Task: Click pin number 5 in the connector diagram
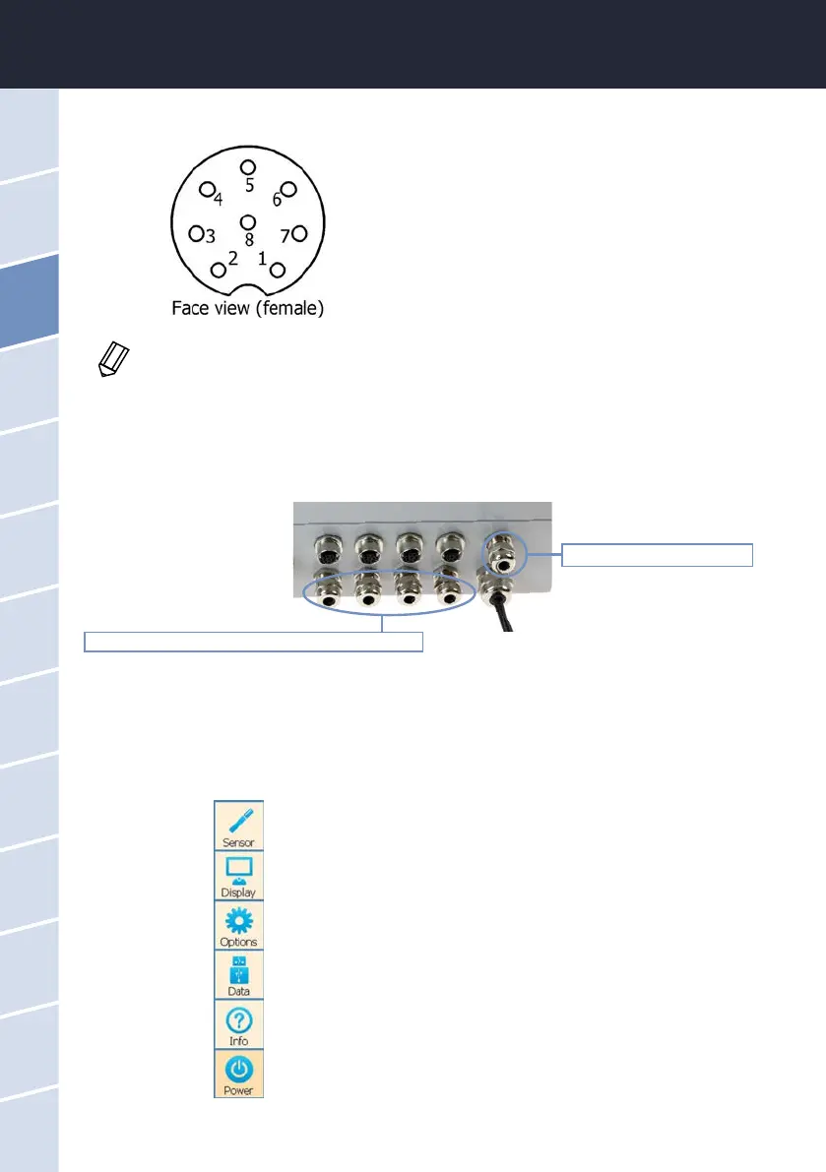(x=248, y=167)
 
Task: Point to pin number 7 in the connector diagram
(x=300, y=234)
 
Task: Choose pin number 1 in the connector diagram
(x=278, y=269)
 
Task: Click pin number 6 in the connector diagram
(x=288, y=189)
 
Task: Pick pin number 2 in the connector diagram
(x=219, y=269)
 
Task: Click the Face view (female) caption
(x=248, y=308)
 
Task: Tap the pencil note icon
(x=113, y=361)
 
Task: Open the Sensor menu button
(x=238, y=824)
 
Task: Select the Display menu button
(x=238, y=874)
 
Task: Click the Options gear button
(x=238, y=924)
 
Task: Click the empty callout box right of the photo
(x=657, y=554)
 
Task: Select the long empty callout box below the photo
(x=254, y=642)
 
